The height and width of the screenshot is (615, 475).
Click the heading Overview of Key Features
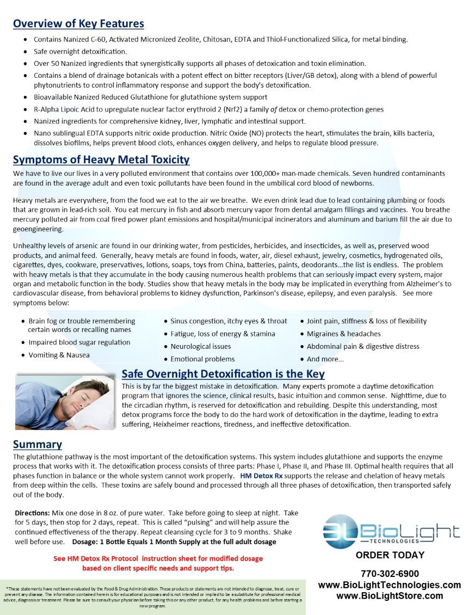(x=78, y=23)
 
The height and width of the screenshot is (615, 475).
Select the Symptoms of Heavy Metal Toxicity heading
(x=101, y=159)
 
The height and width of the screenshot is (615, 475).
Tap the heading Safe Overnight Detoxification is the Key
(x=223, y=374)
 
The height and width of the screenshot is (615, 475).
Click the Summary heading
(x=38, y=444)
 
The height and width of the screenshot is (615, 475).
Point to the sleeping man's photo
(x=65, y=401)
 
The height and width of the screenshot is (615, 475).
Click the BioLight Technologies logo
(x=391, y=531)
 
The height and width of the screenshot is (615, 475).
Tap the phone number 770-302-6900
(x=390, y=574)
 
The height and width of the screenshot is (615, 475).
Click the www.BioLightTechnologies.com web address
(x=390, y=585)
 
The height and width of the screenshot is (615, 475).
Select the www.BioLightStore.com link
(x=390, y=596)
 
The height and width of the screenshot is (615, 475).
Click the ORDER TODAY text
(x=390, y=555)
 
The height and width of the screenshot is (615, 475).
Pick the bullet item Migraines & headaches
(x=343, y=334)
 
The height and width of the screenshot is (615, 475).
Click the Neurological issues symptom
(x=200, y=346)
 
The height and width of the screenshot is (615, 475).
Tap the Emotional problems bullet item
(x=202, y=359)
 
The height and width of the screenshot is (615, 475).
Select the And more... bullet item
(x=325, y=359)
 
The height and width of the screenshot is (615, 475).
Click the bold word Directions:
(x=33, y=513)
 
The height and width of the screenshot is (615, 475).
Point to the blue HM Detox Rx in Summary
(x=261, y=476)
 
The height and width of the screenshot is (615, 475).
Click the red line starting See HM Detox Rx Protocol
(x=158, y=558)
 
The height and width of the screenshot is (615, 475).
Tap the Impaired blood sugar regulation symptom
(x=79, y=342)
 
